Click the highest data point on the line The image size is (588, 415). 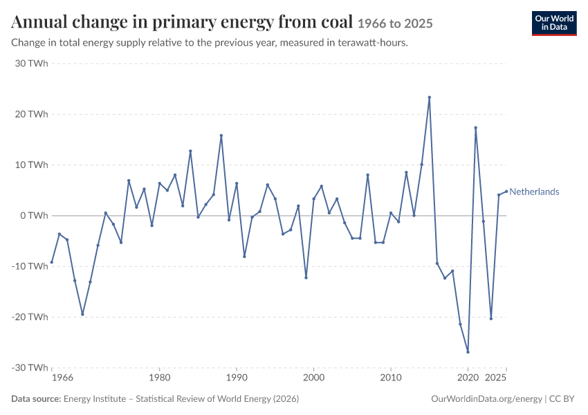click(430, 98)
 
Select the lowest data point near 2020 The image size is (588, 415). click(468, 352)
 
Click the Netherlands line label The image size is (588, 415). click(534, 192)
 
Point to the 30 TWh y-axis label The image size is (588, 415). click(32, 64)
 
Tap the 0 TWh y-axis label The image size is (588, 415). click(35, 216)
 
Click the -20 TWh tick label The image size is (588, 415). click(30, 317)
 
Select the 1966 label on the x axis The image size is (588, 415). click(63, 377)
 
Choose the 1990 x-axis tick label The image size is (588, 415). click(237, 377)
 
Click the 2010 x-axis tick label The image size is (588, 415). click(391, 377)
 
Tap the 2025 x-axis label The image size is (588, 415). click(496, 377)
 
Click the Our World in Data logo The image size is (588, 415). click(554, 24)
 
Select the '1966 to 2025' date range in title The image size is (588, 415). click(395, 24)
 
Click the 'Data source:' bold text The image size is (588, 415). click(36, 398)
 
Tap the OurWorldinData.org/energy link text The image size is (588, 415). click(486, 399)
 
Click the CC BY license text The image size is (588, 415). click(562, 398)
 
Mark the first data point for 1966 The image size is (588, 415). click(52, 262)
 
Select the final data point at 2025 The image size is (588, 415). click(506, 192)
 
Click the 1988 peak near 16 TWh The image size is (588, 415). click(221, 136)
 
